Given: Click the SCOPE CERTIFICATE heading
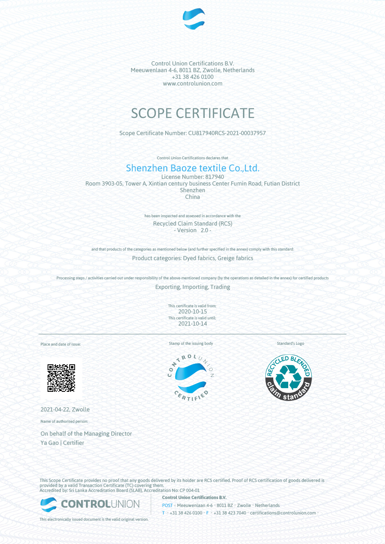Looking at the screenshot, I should click(x=192, y=113).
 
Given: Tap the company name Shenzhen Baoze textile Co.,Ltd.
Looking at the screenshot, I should click(x=192, y=168).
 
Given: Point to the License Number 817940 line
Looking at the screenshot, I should click(x=192, y=177).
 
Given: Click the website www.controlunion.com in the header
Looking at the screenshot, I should click(x=192, y=83).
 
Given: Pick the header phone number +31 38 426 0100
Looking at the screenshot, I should click(x=192, y=77).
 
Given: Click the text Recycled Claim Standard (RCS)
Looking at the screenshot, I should click(x=192, y=223).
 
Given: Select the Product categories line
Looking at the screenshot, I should click(x=192, y=258).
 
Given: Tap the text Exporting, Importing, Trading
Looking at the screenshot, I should click(x=192, y=287).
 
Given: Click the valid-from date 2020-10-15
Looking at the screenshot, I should click(x=192, y=311).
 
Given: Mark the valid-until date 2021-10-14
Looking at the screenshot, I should click(x=192, y=323).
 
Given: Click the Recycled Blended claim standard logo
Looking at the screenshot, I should click(x=289, y=377).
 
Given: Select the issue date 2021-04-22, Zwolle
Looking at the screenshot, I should click(x=65, y=409).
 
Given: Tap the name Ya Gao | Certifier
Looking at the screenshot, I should click(x=62, y=443).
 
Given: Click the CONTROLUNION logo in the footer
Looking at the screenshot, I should click(x=90, y=504).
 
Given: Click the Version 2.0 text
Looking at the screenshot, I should click(x=192, y=231).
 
